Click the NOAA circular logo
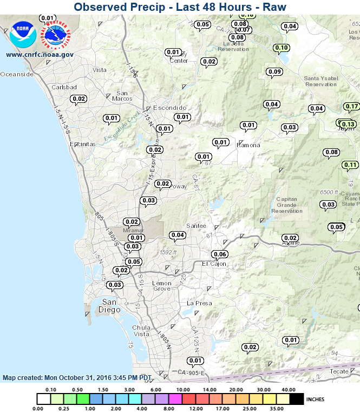[x=23, y=34]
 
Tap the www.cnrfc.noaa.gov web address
[x=40, y=54]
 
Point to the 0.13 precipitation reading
[x=348, y=125]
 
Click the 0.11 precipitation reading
[x=350, y=165]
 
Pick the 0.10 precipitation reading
[x=282, y=48]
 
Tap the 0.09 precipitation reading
[x=274, y=71]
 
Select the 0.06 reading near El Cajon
[x=220, y=254]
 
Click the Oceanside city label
[x=17, y=74]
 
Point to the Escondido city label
[x=169, y=108]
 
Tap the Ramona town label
[x=248, y=145]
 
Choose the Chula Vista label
[x=141, y=331]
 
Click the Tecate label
[x=339, y=371]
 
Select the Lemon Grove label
[x=162, y=286]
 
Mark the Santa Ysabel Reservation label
[x=321, y=81]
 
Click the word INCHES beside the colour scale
[x=315, y=400]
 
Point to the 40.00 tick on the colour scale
[x=289, y=390]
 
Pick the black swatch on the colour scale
[x=297, y=399]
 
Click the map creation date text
[x=77, y=378]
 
